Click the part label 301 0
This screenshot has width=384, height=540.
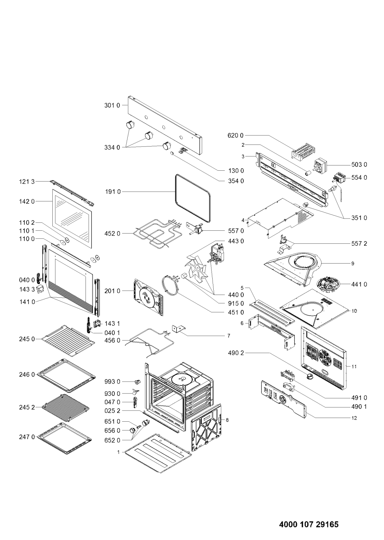112,105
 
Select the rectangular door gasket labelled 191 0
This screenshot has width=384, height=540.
193,198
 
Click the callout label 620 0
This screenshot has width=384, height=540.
236,135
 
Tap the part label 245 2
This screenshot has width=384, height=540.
27,407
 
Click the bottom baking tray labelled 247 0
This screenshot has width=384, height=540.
65,438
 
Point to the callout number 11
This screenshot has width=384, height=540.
354,367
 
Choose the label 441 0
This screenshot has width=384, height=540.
359,284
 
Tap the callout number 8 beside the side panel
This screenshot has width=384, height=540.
227,420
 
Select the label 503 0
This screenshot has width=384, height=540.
359,165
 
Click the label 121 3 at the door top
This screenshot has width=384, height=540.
27,182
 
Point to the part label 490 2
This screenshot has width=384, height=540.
236,353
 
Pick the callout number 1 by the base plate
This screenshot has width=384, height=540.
118,452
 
